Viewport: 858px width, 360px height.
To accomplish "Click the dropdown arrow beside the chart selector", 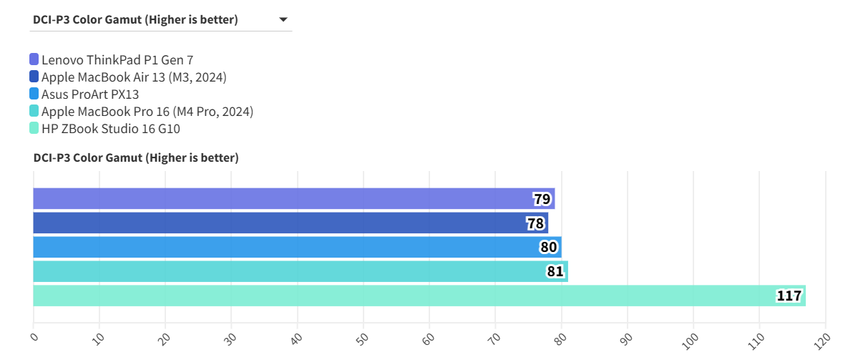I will [283, 20].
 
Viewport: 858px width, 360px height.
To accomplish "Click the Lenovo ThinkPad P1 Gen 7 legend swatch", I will [34, 59].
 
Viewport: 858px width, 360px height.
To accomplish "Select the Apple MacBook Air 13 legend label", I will [134, 77].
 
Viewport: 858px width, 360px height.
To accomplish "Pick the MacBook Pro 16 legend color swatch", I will [34, 111].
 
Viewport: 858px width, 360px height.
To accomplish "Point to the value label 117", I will [789, 296].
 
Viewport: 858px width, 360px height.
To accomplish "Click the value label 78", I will [535, 223].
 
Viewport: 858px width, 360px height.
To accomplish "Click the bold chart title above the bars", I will [136, 157].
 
